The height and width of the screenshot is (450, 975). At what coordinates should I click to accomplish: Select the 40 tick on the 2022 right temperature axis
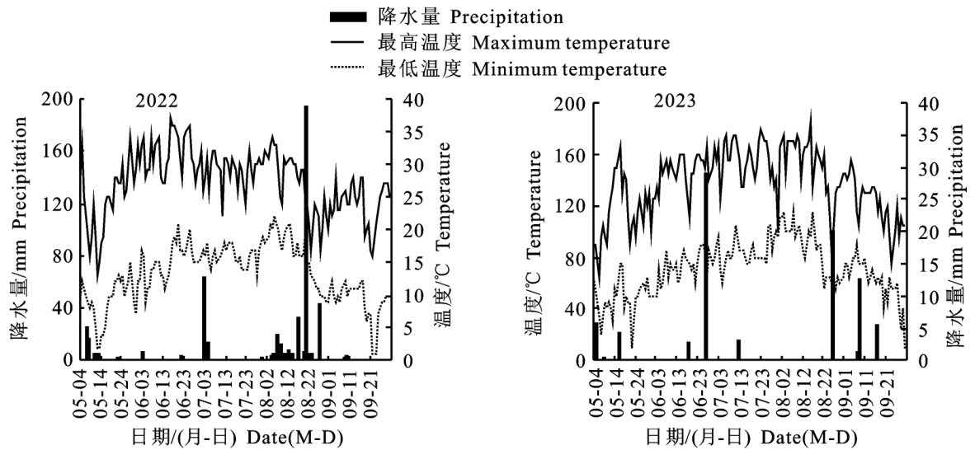[412, 100]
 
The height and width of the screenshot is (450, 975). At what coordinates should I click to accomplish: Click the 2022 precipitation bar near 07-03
[205, 318]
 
